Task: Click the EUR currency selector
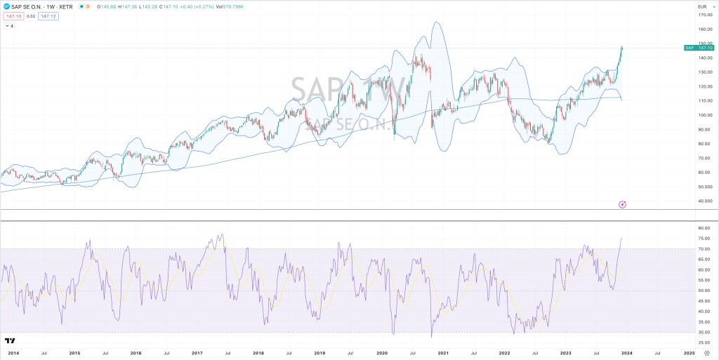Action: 701,6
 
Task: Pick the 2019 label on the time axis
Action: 319,352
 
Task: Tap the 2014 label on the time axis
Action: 12,352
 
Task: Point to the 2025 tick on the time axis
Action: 689,352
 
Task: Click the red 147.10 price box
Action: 14,15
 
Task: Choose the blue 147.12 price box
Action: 48,15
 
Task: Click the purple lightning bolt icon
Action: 622,204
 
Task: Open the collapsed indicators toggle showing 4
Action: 9,26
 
